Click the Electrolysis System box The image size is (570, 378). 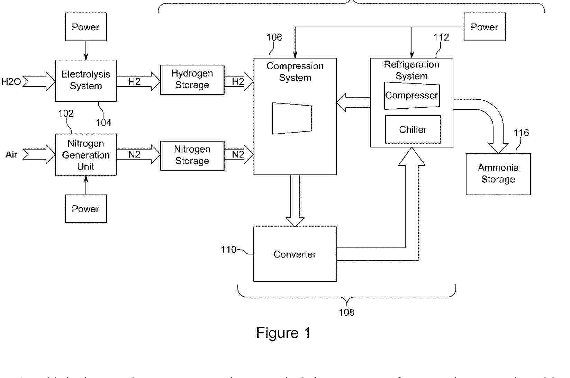click(86, 80)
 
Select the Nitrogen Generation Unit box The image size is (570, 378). click(86, 155)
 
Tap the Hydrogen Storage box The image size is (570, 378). click(192, 80)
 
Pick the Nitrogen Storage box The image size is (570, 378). click(192, 155)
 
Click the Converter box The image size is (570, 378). click(295, 254)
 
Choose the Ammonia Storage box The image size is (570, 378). click(498, 174)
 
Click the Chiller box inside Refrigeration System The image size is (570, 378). click(413, 129)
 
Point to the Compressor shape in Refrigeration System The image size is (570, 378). click(412, 96)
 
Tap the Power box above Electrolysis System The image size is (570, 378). click(86, 27)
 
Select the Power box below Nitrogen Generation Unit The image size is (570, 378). click(86, 209)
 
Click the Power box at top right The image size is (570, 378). click(485, 27)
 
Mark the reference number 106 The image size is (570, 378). click(274, 37)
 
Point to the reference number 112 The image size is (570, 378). click(441, 37)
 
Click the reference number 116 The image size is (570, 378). click(521, 133)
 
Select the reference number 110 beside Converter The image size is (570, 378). click(228, 250)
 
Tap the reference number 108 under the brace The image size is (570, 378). click(346, 312)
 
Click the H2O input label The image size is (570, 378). click(11, 82)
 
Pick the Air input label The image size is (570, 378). click(11, 154)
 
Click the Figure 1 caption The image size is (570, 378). click(283, 333)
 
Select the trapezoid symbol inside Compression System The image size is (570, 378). click(292, 118)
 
